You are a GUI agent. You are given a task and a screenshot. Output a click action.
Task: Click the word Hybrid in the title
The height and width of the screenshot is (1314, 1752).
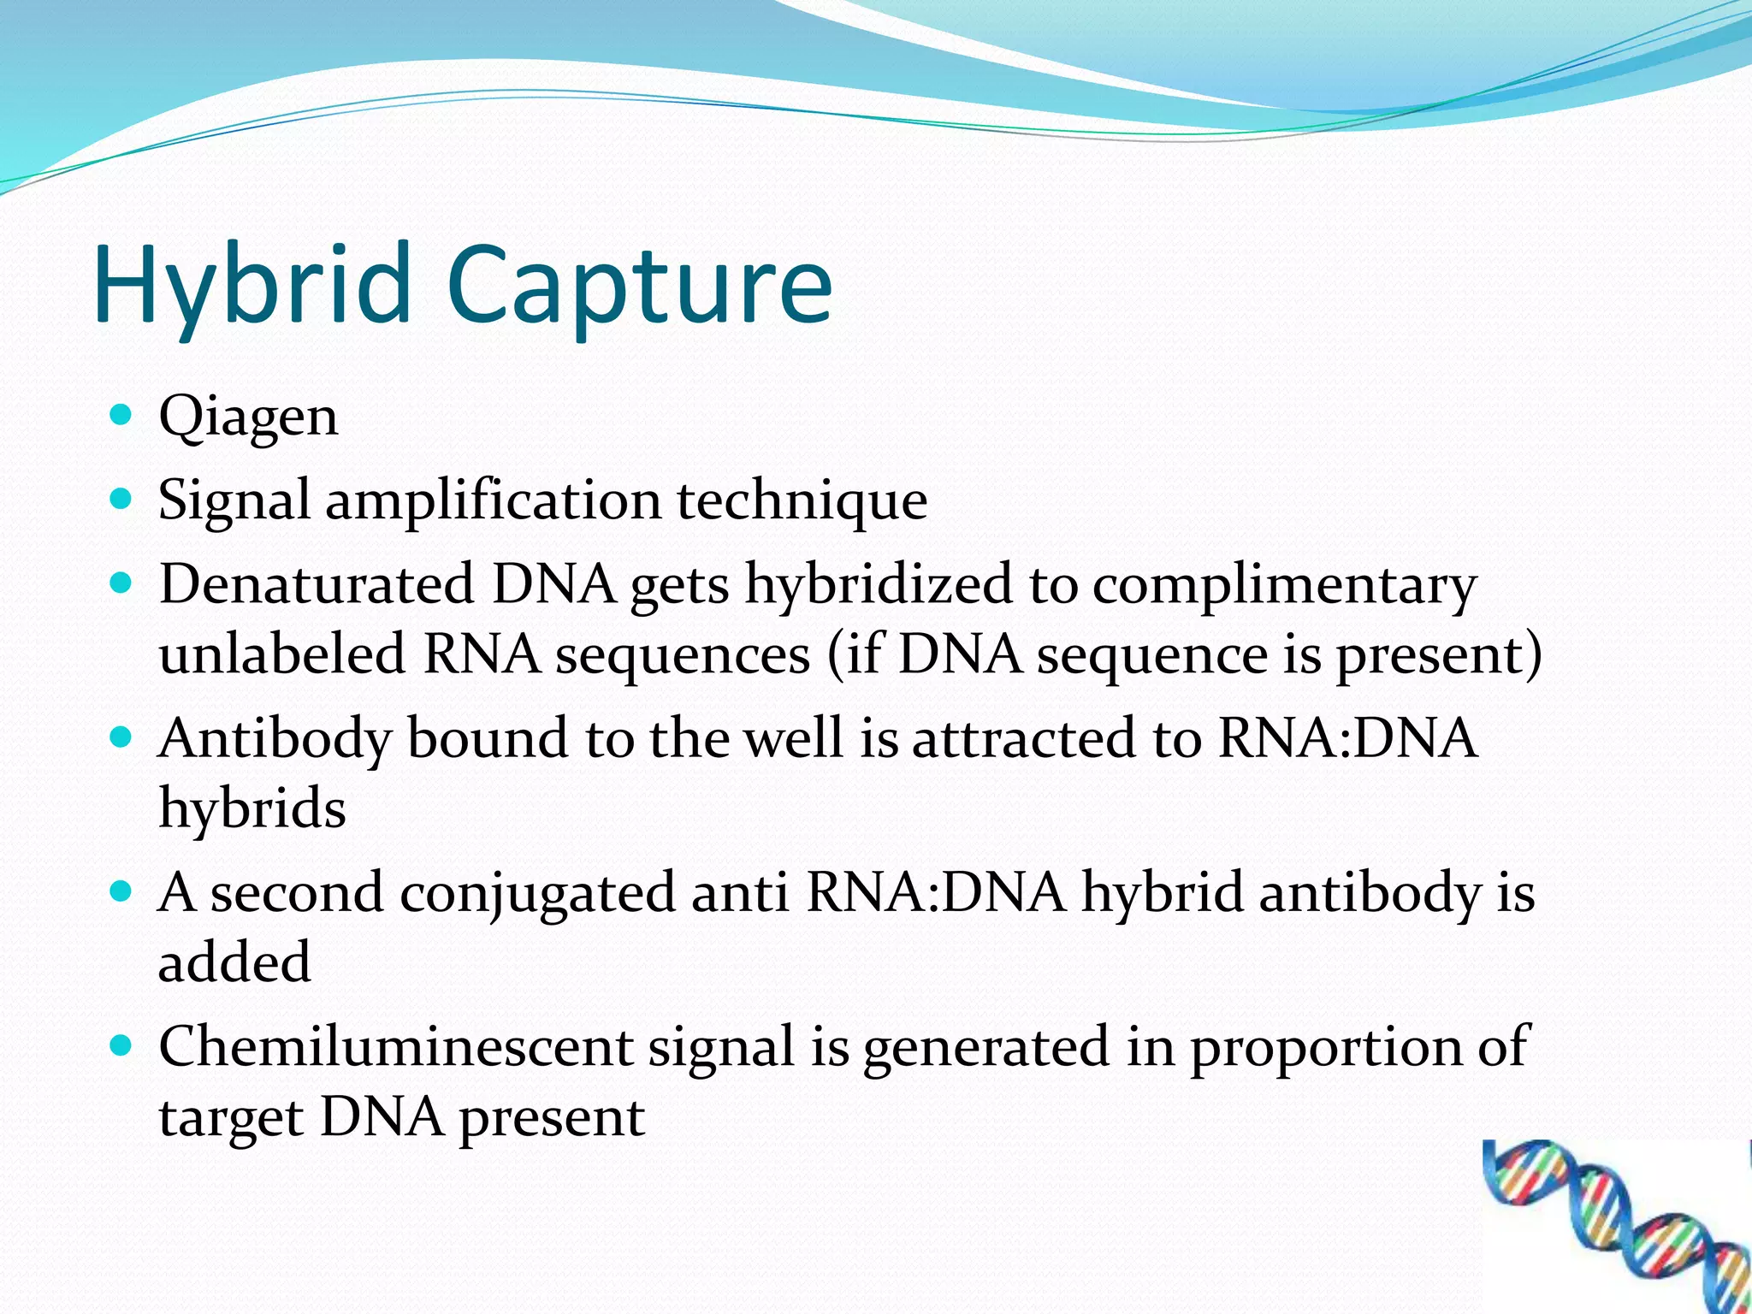(253, 287)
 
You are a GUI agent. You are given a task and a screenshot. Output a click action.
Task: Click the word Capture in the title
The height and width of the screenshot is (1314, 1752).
(638, 287)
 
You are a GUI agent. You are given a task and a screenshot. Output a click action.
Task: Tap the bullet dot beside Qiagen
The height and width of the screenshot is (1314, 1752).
(121, 416)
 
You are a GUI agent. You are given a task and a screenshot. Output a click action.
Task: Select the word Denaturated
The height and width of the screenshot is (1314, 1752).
(317, 584)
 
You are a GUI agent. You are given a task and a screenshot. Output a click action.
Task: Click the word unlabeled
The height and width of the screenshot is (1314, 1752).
(281, 654)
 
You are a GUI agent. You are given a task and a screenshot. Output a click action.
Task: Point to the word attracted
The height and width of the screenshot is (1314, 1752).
(1023, 738)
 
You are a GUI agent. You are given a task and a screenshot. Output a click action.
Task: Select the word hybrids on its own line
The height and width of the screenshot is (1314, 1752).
(252, 809)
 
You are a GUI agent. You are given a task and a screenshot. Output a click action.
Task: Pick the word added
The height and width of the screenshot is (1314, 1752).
(234, 962)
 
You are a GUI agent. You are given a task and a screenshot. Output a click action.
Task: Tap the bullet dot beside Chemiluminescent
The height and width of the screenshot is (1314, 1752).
(121, 1045)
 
